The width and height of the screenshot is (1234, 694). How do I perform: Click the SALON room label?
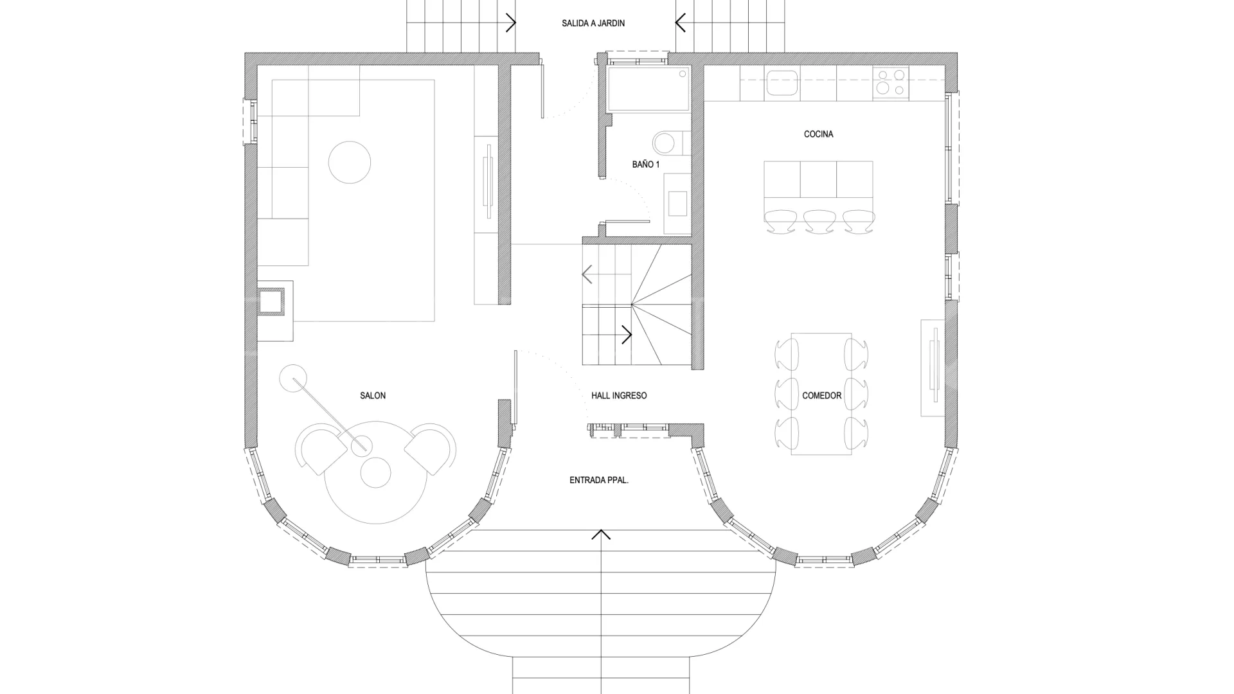pos(373,396)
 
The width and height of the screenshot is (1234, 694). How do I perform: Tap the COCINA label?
pos(818,134)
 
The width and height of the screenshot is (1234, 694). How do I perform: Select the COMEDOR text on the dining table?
pos(821,396)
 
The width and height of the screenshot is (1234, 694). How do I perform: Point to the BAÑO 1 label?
pos(646,165)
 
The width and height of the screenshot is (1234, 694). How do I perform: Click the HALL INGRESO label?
pos(619,396)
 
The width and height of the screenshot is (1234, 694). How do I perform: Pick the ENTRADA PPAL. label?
pos(599,480)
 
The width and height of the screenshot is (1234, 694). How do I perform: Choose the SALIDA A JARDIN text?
pos(593,23)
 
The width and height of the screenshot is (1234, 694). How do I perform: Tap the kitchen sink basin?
pos(782,83)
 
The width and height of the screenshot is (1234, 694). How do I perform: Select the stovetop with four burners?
pos(891,83)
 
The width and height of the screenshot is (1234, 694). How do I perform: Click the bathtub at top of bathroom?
pos(648,88)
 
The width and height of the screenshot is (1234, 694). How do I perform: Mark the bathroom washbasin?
pos(677,203)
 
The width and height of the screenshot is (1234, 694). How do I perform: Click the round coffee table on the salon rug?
pos(350,163)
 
